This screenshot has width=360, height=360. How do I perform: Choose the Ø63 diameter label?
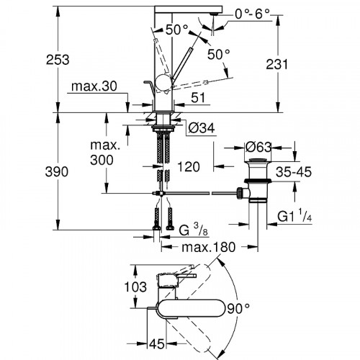[x=258, y=147]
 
